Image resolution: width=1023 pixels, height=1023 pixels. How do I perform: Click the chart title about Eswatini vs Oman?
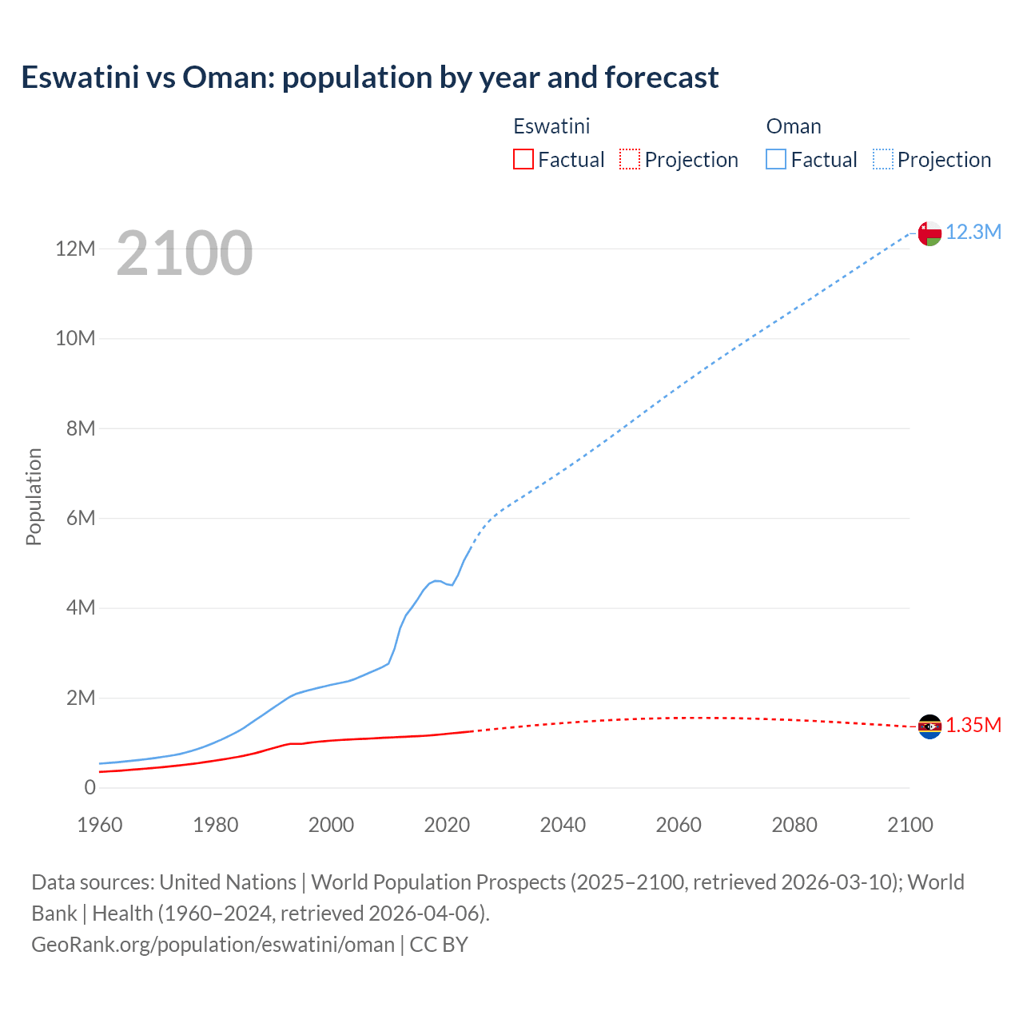pos(369,78)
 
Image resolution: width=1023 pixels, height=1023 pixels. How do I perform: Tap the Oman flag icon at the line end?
pos(929,233)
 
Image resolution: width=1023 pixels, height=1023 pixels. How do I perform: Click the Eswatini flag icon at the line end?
pos(929,726)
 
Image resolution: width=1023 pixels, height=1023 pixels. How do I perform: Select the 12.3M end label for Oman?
pos(973,232)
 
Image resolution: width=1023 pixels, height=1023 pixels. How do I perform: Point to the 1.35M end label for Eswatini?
pos(973,725)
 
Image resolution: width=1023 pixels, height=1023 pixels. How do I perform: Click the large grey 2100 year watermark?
pos(184,253)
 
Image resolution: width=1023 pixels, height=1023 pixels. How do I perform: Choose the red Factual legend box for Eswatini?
pos(523,159)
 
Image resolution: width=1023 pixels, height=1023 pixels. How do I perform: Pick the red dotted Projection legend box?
pos(630,159)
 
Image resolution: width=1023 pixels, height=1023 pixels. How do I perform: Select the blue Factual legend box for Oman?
pos(775,159)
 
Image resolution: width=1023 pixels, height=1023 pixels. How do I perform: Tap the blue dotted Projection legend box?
pos(882,159)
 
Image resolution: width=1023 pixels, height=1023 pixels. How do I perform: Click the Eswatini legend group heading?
pos(551,126)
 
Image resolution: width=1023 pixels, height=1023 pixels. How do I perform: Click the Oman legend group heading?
pos(793,126)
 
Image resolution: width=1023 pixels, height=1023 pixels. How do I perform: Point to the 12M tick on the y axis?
pos(75,249)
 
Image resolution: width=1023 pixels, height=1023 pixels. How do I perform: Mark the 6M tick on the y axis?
pos(81,518)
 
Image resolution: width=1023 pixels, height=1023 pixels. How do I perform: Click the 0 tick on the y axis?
pos(90,787)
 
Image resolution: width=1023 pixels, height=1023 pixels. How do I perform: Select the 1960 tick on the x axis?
pos(100,825)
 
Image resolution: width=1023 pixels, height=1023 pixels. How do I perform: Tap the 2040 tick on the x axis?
pos(563,825)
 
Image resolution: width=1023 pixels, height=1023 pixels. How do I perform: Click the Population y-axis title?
pos(34,496)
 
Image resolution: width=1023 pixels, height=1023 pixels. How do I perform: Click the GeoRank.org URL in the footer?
pos(213,945)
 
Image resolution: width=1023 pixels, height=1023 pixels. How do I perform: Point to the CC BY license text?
pos(439,945)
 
